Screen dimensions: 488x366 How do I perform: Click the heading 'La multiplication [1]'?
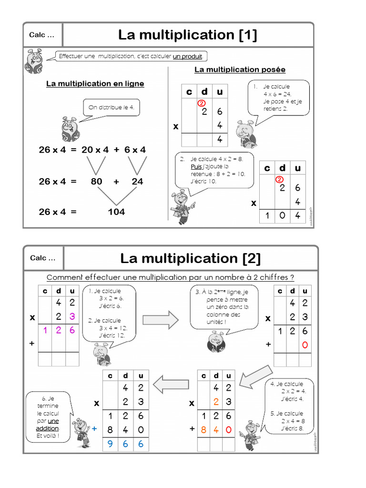(188, 35)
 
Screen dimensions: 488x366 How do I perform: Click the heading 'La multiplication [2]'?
(190, 258)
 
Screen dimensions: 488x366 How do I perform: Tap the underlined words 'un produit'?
(188, 57)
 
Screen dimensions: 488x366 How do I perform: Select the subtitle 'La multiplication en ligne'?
(95, 84)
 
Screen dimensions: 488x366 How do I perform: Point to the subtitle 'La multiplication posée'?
(240, 70)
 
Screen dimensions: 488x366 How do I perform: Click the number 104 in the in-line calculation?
(116, 212)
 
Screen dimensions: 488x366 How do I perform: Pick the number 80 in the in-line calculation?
(96, 182)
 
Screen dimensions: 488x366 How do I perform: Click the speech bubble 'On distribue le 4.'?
(112, 108)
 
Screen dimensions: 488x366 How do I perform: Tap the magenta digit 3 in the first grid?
(72, 316)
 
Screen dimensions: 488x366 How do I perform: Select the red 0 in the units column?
(305, 345)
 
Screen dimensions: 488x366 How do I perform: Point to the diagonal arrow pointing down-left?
(255, 376)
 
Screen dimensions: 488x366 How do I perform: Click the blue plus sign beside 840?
(94, 429)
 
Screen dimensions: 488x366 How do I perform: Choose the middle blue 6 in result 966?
(125, 444)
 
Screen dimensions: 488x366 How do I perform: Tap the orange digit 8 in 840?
(203, 429)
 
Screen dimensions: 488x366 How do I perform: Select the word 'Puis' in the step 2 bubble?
(196, 167)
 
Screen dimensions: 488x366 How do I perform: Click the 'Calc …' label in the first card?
(41, 35)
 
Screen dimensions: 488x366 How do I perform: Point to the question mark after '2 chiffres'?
(292, 277)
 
